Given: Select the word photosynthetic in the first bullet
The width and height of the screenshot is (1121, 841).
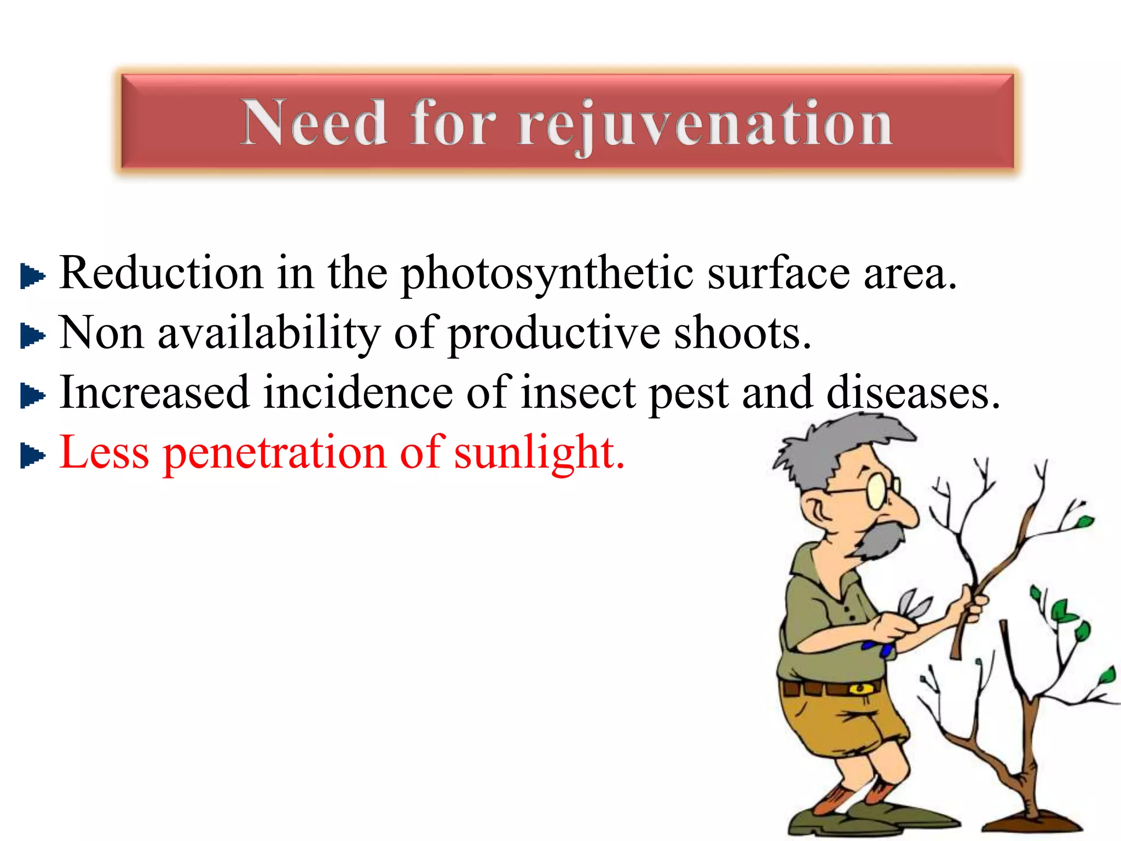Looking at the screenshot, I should click(547, 274).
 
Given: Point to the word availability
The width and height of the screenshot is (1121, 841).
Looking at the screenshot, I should click(268, 334).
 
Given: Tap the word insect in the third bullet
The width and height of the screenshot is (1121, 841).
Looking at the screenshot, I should click(578, 393).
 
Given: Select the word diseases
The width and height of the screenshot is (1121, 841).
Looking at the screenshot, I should click(912, 393).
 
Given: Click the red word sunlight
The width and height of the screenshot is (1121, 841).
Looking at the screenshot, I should click(539, 453).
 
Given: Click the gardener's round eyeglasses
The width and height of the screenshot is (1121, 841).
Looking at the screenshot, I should click(880, 489).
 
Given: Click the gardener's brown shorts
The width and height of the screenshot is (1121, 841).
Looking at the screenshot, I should click(837, 723).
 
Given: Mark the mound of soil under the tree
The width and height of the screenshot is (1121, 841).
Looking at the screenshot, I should click(1032, 825).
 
